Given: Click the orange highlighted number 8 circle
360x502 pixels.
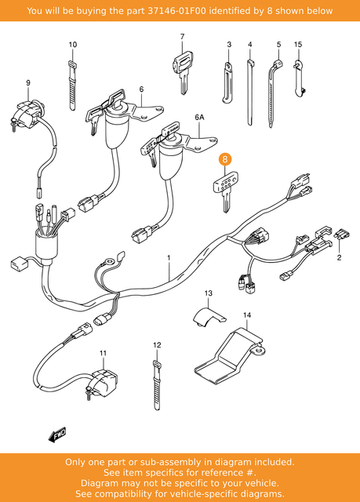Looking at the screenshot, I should pyautogui.click(x=226, y=158).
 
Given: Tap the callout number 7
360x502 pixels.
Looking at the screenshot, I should pyautogui.click(x=181, y=36).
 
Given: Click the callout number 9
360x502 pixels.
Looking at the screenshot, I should pyautogui.click(x=27, y=82).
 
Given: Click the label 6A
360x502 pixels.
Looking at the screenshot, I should pyautogui.click(x=198, y=117).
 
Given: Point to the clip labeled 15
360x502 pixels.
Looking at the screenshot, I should pyautogui.click(x=300, y=78).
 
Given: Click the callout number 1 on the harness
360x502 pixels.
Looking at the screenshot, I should pyautogui.click(x=167, y=257).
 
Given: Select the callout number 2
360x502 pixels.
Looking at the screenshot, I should pyautogui.click(x=340, y=256).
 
